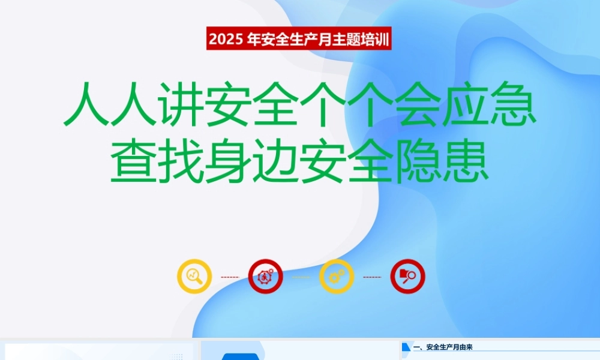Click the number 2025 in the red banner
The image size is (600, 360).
226,39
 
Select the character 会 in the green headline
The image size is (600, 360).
418,104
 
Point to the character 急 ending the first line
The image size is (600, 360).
513,104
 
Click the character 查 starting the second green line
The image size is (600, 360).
133,161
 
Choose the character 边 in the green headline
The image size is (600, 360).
275,161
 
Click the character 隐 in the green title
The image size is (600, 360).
418,161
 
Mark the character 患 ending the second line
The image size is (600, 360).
465,161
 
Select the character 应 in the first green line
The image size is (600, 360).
465,104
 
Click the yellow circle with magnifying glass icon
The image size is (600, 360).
194,276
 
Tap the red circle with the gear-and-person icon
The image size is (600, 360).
266,276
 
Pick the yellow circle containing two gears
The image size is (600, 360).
337,276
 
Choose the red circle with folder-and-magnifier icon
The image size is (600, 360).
407,276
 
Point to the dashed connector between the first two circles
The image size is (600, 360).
230,277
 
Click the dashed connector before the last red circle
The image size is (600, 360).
372,277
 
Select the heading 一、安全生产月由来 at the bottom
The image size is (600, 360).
443,347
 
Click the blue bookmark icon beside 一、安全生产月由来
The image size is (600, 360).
406,347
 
